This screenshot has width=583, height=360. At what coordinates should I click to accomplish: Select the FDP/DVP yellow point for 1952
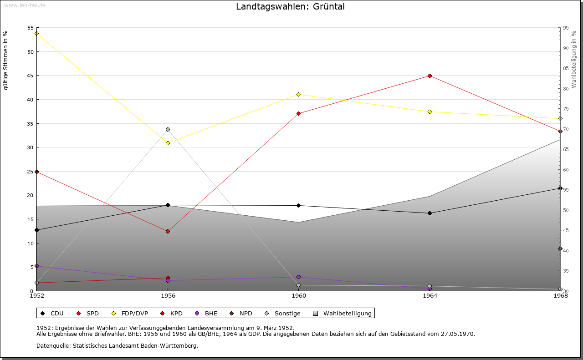pyautogui.click(x=36, y=33)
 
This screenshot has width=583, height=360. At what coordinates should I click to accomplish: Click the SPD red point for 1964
pyautogui.click(x=430, y=76)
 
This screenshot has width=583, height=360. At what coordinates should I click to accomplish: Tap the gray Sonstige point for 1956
pyautogui.click(x=168, y=129)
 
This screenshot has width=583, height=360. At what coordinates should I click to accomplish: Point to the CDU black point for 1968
pyautogui.click(x=560, y=188)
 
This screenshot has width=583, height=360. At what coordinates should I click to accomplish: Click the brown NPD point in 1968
pyautogui.click(x=560, y=248)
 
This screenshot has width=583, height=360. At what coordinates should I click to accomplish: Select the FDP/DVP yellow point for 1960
pyautogui.click(x=298, y=94)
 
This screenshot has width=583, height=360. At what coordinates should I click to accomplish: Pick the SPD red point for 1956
pyautogui.click(x=168, y=231)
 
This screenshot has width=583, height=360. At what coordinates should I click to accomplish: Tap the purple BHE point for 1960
pyautogui.click(x=298, y=277)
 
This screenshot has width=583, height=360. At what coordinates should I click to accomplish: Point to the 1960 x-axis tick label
pyautogui.click(x=298, y=295)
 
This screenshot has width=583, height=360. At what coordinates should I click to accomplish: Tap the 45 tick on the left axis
pyautogui.click(x=31, y=76)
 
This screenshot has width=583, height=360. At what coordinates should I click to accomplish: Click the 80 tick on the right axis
pyautogui.click(x=565, y=88)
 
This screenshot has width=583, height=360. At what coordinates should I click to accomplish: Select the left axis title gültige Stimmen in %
pyautogui.click(x=6, y=60)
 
